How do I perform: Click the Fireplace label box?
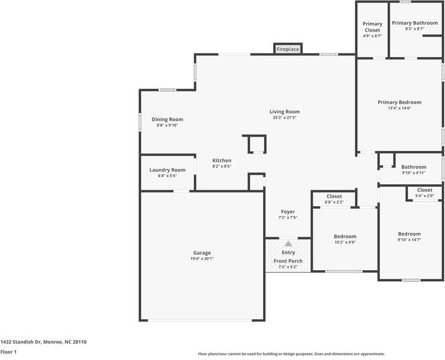click(288, 49)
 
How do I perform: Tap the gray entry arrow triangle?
click(288, 243)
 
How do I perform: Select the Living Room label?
click(284, 112)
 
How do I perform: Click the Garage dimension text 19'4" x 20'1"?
click(202, 259)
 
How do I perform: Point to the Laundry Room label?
click(167, 170)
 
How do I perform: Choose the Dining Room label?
click(167, 119)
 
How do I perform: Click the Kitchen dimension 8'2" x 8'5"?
click(222, 166)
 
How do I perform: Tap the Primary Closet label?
click(372, 27)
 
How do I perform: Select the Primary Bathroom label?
click(415, 23)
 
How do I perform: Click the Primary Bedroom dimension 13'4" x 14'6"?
click(399, 108)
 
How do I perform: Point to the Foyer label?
click(288, 212)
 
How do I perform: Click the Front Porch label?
click(288, 261)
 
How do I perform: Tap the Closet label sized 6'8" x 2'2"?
click(334, 196)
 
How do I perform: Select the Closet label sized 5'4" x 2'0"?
click(425, 190)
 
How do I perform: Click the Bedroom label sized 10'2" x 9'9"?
click(345, 237)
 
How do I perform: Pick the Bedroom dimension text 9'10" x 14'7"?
click(409, 240)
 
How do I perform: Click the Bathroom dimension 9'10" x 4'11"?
click(414, 173)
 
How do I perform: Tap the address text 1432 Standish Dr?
click(21, 342)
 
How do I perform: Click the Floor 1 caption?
click(8, 352)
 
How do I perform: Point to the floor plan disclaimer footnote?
click(291, 354)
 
